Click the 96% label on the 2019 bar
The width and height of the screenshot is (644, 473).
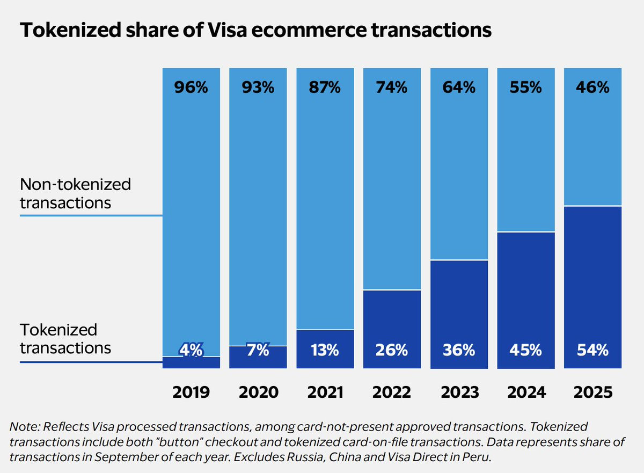[191, 88]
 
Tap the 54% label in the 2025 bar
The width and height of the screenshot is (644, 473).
[593, 351]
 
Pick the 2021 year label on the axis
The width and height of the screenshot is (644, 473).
[325, 392]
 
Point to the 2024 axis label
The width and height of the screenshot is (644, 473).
[526, 392]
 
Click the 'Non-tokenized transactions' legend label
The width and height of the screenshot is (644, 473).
[75, 194]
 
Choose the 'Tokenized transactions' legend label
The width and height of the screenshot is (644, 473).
[65, 339]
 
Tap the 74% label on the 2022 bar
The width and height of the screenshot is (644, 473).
[392, 88]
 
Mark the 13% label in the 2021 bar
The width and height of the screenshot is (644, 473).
[325, 351]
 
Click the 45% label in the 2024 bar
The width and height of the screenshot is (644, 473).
[526, 351]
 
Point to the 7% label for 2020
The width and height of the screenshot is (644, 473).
[258, 351]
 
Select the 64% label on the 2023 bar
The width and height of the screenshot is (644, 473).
[459, 88]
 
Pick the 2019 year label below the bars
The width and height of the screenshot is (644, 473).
[191, 392]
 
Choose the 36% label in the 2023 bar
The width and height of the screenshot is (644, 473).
[459, 351]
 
